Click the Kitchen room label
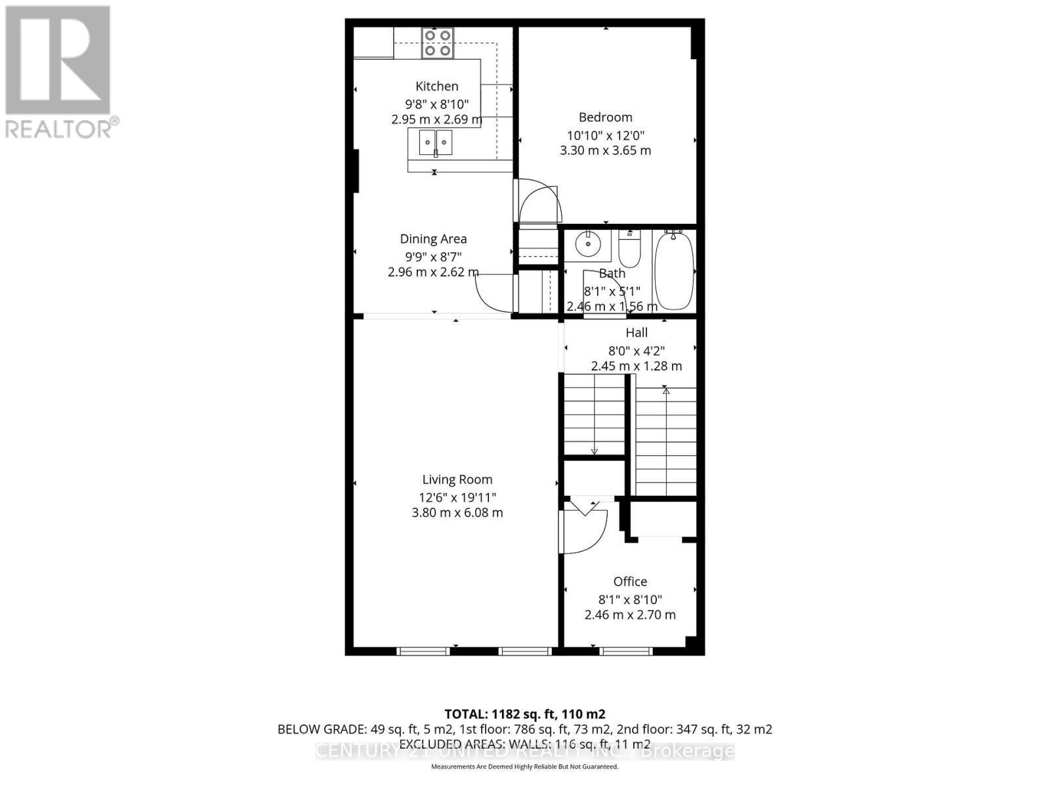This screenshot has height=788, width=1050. coord(436,86)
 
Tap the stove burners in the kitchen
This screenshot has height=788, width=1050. coord(438,42)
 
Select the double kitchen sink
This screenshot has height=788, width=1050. coord(435,142)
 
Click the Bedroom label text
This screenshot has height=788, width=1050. coord(605,118)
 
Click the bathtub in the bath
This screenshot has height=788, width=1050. coord(674,271)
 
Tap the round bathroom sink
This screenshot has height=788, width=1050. coord(587,245)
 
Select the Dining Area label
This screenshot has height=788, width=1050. coord(433,239)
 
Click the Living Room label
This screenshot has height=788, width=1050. coord(457,480)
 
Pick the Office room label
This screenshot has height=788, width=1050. coord(630,582)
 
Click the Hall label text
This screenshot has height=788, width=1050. coord(636,333)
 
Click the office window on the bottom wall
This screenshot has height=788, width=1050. coord(626,651)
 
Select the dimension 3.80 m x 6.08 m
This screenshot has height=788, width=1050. coord(457,513)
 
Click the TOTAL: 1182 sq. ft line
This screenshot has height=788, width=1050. coord(524,714)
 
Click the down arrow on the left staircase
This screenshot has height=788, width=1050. coord(594,451)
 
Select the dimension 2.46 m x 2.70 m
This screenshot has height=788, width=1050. coord(630,615)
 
